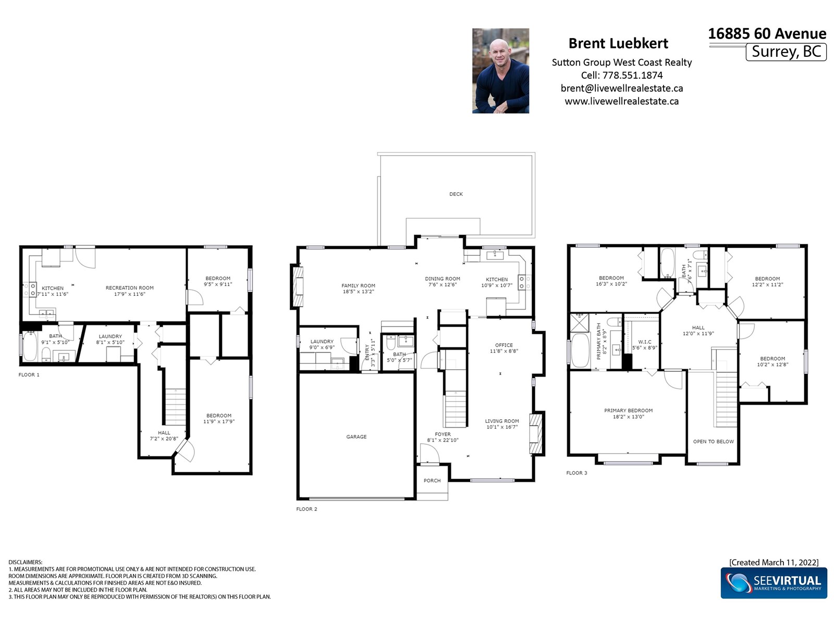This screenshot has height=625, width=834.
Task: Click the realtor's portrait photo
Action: click(500, 71)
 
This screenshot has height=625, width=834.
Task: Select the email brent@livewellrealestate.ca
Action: click(622, 88)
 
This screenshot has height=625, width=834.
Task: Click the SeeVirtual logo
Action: click(774, 583)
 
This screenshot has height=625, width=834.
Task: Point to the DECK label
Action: click(456, 194)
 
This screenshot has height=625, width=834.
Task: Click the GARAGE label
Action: click(357, 437)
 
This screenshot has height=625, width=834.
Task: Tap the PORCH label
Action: click(432, 480)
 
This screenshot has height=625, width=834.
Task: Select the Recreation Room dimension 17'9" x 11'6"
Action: click(130, 294)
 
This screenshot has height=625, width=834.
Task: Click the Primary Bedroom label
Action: click(629, 410)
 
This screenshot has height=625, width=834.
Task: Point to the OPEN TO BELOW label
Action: click(713, 442)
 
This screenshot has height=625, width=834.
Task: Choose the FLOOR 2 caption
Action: click(306, 509)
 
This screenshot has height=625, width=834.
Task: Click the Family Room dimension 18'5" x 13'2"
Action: click(358, 292)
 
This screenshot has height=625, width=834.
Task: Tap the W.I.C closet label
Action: click(645, 342)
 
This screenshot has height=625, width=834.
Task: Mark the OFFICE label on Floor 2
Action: click(504, 345)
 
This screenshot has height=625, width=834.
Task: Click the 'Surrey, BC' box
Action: click(786, 52)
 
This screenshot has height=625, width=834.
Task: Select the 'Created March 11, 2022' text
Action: click(774, 562)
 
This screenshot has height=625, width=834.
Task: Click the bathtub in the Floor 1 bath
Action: click(30, 346)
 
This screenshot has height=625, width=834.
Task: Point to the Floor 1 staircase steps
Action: click(176, 407)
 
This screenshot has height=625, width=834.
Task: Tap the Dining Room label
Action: click(442, 279)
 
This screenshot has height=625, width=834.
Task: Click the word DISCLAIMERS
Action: click(26, 562)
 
